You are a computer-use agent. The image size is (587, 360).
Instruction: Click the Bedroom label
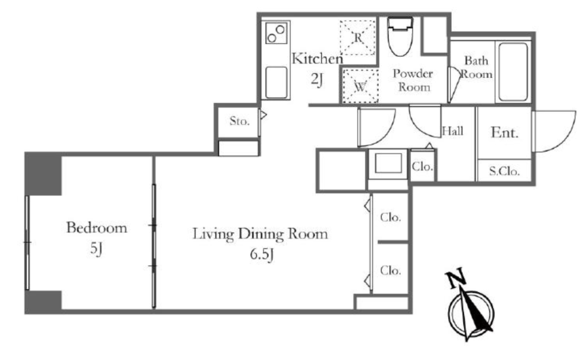click(x=96, y=228)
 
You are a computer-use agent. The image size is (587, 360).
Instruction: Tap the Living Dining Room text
click(x=260, y=234)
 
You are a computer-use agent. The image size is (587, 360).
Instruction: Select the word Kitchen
click(x=317, y=58)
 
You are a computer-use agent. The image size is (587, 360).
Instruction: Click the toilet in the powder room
click(x=400, y=36)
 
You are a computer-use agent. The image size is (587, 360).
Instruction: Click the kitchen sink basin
click(x=277, y=83)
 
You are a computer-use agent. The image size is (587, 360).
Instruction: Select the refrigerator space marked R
click(x=358, y=37)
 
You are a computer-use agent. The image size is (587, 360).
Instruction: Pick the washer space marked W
click(x=360, y=86)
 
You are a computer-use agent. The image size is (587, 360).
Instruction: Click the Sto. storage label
click(x=239, y=121)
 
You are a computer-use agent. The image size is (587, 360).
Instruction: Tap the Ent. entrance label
click(x=504, y=132)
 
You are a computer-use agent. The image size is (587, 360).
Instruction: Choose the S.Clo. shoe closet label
click(x=504, y=171)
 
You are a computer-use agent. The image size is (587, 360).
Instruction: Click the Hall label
click(x=453, y=131)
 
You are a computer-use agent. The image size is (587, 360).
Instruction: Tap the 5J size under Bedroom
click(x=96, y=248)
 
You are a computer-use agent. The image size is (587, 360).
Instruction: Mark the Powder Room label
click(x=413, y=80)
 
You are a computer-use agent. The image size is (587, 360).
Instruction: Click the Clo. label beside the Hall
click(x=422, y=166)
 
